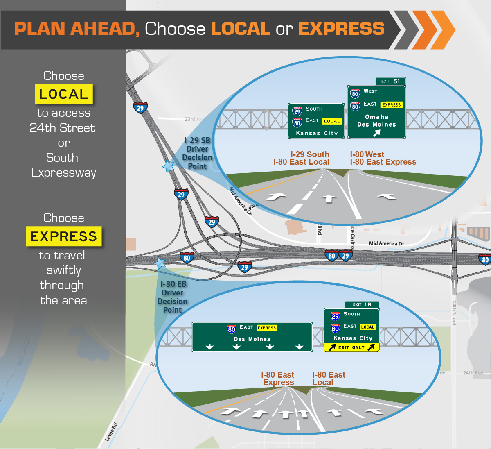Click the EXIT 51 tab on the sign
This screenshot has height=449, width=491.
390,81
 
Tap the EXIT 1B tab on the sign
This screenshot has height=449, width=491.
362,304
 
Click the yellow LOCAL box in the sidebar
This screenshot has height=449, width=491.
64,94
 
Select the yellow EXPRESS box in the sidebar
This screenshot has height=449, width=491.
64,236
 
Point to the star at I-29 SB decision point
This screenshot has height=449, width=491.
168,166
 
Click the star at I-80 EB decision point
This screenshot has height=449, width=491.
160,263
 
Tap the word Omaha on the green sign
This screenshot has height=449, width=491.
376,117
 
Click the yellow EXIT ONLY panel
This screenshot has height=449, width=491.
351,347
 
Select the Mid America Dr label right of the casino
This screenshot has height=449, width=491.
386,243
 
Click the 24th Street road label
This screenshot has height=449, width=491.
454,313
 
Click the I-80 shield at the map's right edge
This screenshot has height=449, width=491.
485,259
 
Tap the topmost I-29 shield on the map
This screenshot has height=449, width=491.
140,108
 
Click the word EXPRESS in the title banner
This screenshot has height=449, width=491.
341,29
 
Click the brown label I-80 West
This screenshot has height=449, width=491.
367,154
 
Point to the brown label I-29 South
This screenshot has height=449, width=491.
310,154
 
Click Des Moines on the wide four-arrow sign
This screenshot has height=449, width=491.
252,339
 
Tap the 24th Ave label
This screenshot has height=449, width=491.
473,373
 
